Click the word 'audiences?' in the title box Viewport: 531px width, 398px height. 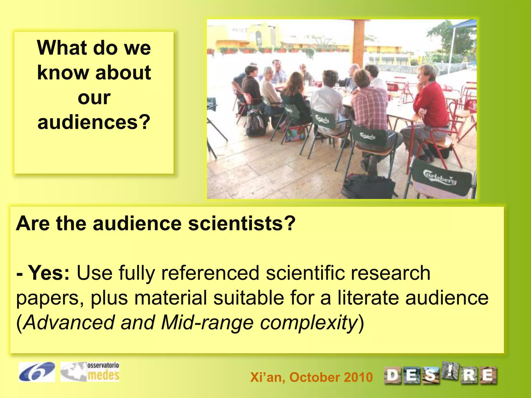pos(94,122)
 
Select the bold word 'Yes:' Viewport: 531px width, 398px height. pos(49,273)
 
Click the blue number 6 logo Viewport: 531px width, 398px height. pos(37,372)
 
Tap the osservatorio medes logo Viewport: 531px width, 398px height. pos(90,372)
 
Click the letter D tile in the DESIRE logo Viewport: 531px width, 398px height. pos(393,375)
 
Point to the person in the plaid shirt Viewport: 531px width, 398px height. pos(368,109)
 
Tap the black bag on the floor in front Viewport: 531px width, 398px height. pos(368,185)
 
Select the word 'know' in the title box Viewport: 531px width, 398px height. pos(63,73)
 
